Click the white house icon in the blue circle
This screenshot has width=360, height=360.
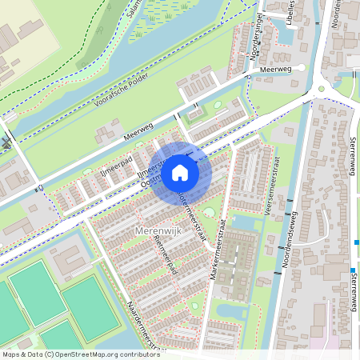[180, 173]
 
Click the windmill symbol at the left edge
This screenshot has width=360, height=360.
[7, 143]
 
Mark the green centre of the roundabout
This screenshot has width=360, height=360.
[321, 90]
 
